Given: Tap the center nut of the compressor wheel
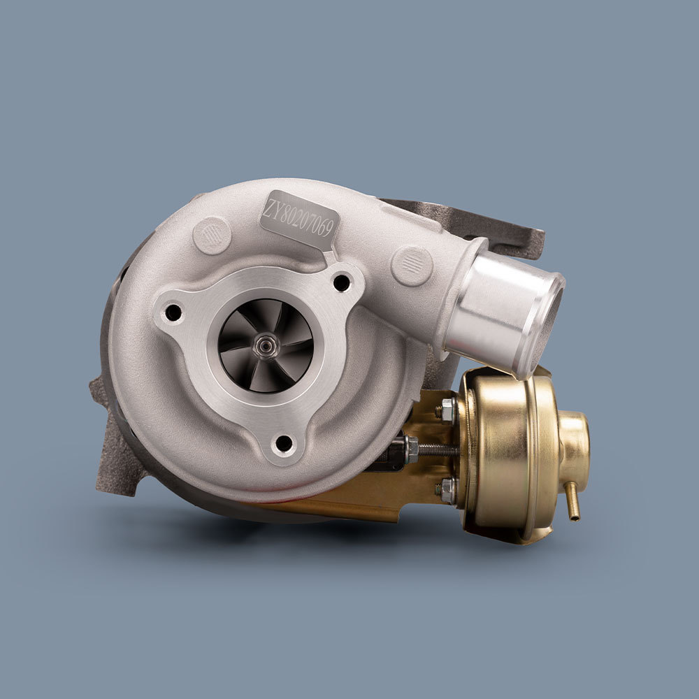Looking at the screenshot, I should [x=266, y=345].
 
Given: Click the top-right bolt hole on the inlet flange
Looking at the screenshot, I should [x=341, y=283].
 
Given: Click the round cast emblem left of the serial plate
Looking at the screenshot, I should [x=211, y=235].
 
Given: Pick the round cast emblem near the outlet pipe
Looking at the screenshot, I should [x=412, y=266].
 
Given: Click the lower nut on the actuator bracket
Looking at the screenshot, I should [x=447, y=491].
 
